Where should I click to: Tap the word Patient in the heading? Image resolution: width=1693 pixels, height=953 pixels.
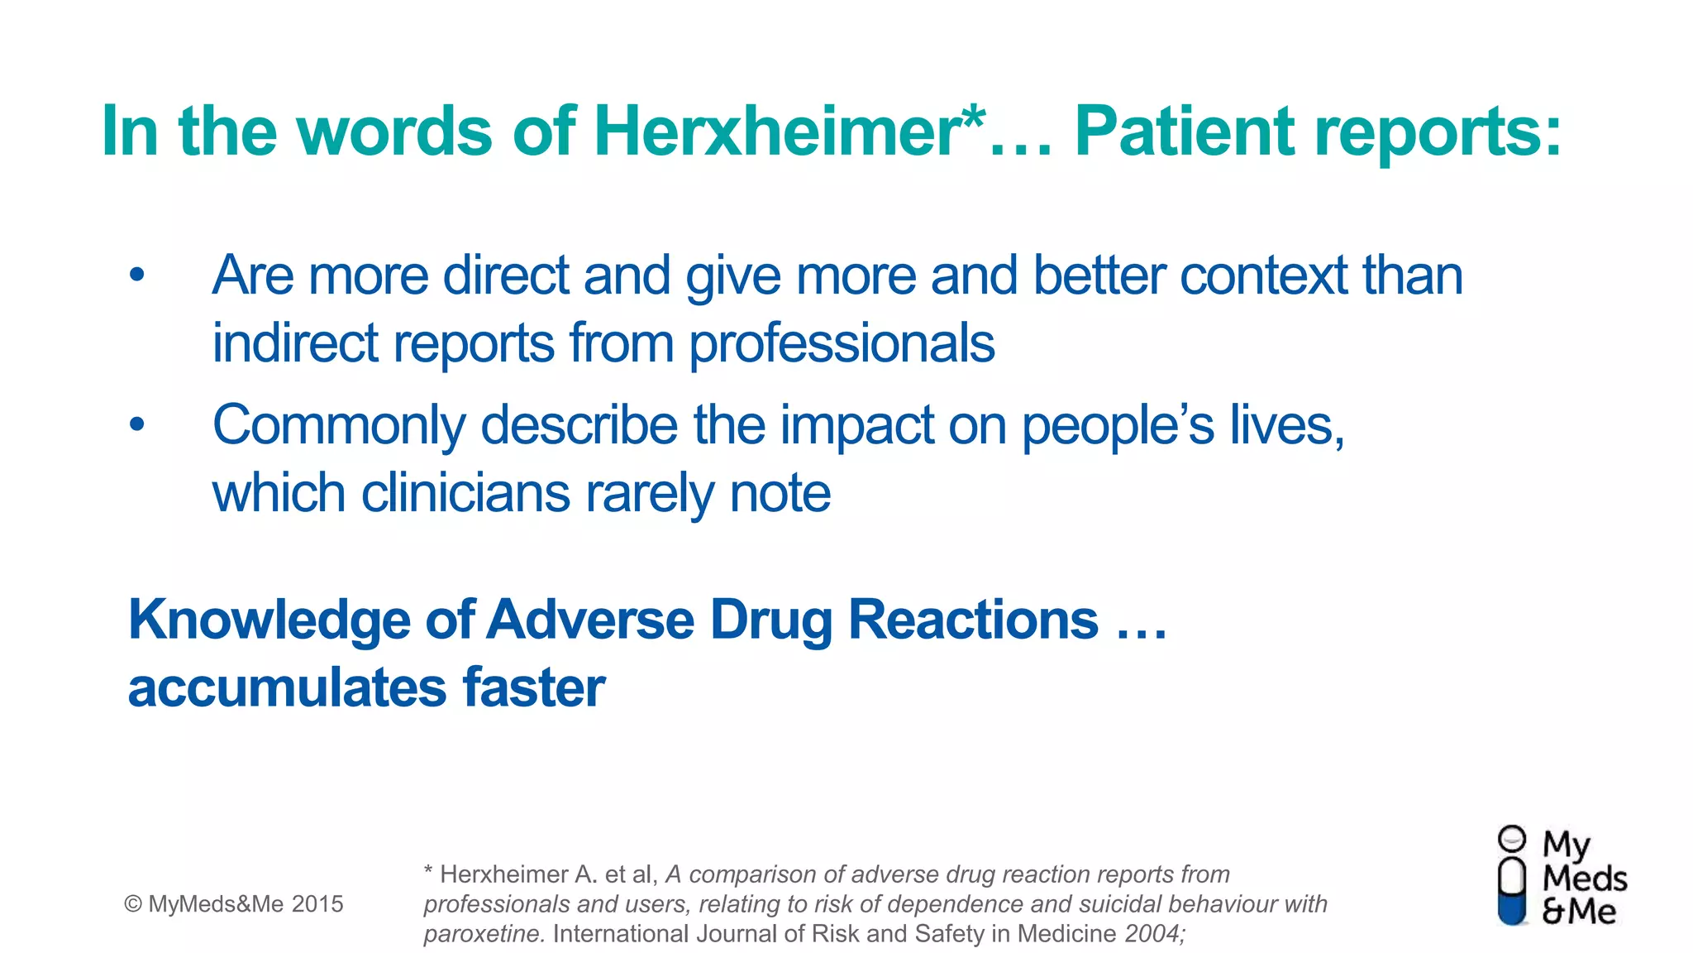click(x=1183, y=132)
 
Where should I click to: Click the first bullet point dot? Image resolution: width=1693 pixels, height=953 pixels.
click(x=137, y=275)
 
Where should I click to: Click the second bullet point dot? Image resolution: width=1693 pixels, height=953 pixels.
click(x=137, y=425)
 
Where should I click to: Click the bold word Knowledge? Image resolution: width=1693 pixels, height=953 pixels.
click(x=269, y=621)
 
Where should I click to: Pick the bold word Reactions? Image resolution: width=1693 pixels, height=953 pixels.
click(x=973, y=620)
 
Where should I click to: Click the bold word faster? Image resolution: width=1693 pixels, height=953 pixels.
click(x=534, y=688)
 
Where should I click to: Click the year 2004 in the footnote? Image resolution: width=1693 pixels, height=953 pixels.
click(x=1152, y=934)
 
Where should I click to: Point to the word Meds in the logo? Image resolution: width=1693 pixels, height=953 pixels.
click(x=1584, y=878)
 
